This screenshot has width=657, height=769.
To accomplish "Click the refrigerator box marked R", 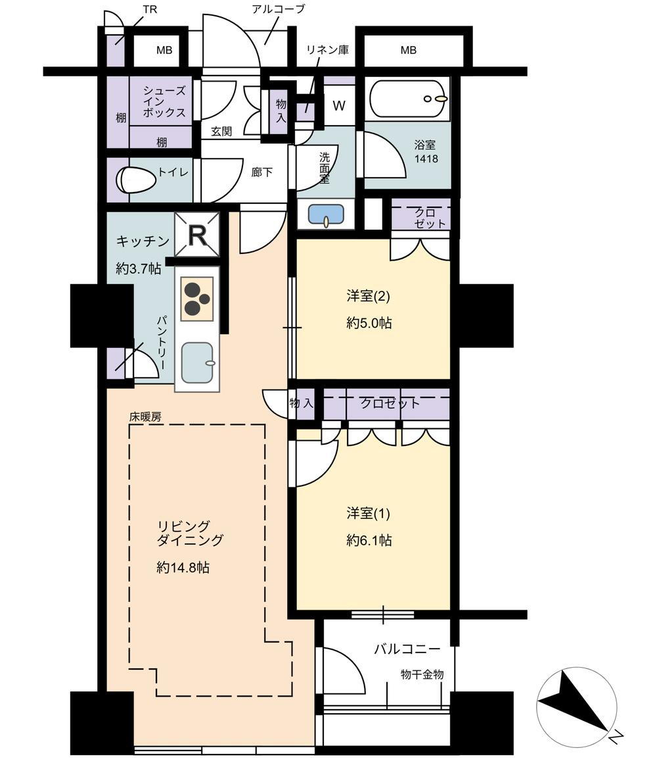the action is tap(197, 236).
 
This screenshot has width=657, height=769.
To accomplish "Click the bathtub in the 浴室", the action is tap(409, 98).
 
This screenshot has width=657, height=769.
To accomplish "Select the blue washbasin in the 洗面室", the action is tap(326, 215).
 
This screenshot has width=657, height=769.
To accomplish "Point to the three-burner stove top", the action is tap(198, 299).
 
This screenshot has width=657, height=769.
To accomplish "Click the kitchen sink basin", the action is tap(198, 363).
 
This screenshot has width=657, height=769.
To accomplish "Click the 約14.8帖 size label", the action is tap(183, 568).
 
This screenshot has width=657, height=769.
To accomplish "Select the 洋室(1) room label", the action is tap(369, 514).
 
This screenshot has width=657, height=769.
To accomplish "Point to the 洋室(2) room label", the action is tap(369, 296).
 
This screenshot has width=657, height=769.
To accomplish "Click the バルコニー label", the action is tap(407, 649).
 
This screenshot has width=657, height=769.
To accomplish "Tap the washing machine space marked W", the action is tap(339, 105).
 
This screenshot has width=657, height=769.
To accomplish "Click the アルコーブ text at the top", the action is tap(279, 9).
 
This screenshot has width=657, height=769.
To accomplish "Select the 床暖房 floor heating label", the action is tap(145, 417).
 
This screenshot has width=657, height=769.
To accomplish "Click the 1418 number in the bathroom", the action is tap(426, 159).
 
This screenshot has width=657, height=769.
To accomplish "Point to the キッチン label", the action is tap(143, 241).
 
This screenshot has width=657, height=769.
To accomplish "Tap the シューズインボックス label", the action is tap(165, 101).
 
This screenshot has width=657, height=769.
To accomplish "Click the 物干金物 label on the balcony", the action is tap(422, 674).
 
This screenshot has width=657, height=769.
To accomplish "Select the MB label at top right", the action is tap(409, 50).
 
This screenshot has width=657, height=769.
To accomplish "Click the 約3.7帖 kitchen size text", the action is tap(139, 268).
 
